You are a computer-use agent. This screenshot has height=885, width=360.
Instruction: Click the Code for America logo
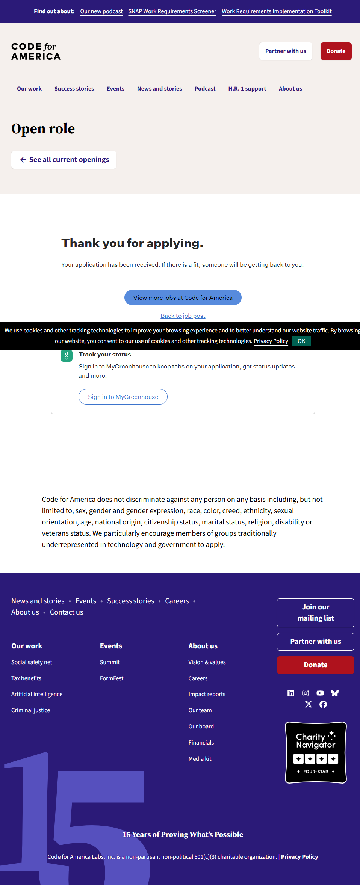coord(36,51)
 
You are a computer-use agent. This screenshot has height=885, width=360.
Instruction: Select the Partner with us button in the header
coord(286,51)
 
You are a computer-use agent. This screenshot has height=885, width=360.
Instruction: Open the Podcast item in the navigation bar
coord(205,89)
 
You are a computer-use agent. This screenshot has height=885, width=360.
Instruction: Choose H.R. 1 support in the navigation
coord(247,89)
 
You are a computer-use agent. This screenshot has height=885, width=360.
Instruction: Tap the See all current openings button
coord(64,160)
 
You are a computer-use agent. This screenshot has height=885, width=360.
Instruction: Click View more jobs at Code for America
coord(183,298)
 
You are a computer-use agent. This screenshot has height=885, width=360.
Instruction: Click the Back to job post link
coord(183,316)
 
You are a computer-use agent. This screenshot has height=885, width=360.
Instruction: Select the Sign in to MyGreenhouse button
coord(123,397)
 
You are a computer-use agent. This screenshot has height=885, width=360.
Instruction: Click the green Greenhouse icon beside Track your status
coord(67,356)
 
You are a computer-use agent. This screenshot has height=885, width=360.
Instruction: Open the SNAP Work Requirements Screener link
coord(172,11)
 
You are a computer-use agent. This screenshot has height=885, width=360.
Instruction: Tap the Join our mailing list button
coord(315,613)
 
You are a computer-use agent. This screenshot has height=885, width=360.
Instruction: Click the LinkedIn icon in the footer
coord(291,693)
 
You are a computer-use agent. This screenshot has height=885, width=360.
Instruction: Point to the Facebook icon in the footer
coord(323,704)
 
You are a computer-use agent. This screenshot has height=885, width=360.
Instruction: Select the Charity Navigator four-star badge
coord(316,752)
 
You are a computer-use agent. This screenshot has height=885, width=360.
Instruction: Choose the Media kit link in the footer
coord(200,759)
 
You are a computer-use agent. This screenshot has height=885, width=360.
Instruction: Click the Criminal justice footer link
coord(30,710)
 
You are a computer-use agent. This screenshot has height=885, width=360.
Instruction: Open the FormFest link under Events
coord(112,678)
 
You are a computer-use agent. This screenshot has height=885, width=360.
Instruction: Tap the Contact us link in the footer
coord(67,612)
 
